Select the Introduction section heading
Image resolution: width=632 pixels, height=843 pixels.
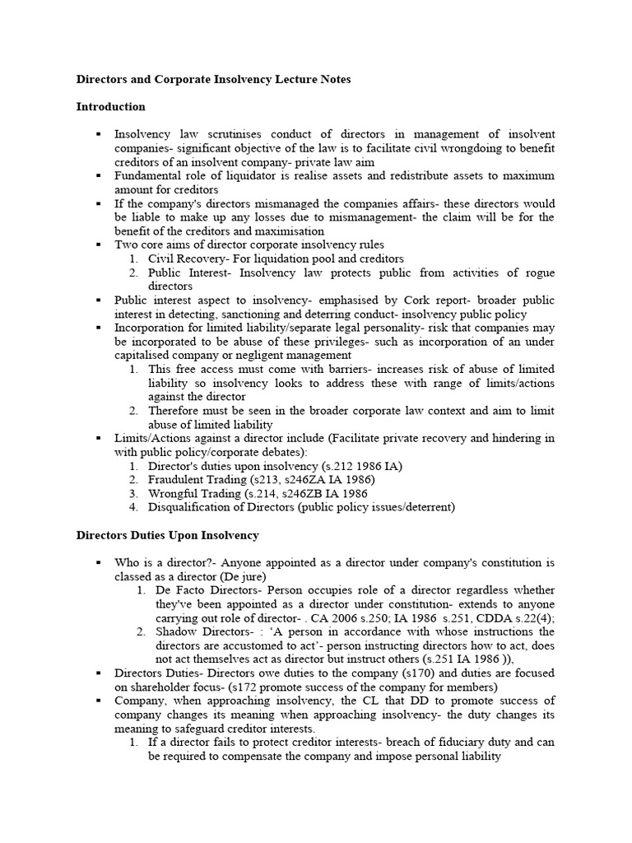click(110, 107)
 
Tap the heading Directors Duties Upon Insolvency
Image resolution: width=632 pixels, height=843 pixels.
click(167, 536)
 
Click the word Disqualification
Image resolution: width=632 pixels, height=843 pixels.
click(190, 508)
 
